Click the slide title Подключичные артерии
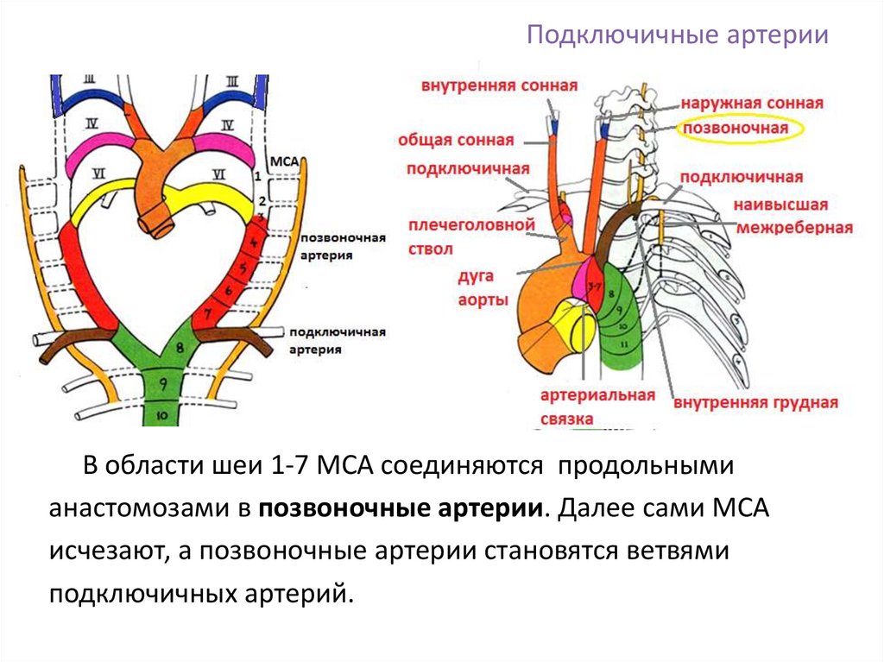click(x=678, y=36)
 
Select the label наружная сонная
click(x=751, y=103)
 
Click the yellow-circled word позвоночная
click(x=736, y=129)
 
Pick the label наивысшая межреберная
click(x=792, y=217)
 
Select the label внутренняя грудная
click(x=756, y=402)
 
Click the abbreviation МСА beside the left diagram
click(x=285, y=161)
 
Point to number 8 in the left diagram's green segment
click(x=179, y=347)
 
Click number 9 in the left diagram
click(x=161, y=388)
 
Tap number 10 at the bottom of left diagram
click(x=161, y=414)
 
